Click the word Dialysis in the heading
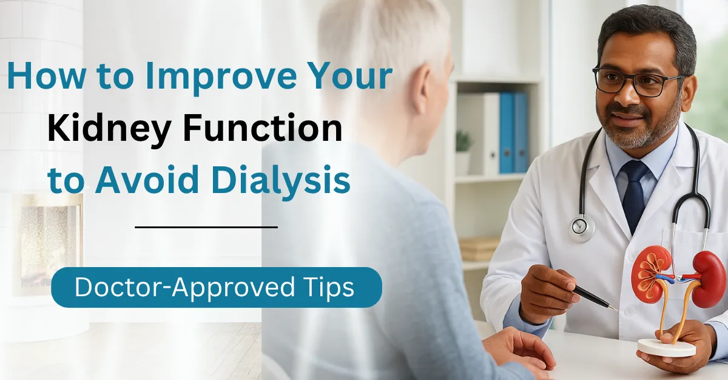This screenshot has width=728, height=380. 281,181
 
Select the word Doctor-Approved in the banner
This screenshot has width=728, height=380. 184,287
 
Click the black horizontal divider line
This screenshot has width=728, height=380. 206,227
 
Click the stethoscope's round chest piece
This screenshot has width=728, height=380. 581,228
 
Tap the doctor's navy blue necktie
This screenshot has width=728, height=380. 634,195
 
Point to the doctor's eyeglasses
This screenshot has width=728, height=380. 639,81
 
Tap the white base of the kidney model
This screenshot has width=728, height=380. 666,347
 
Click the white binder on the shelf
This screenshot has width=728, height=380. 490,134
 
